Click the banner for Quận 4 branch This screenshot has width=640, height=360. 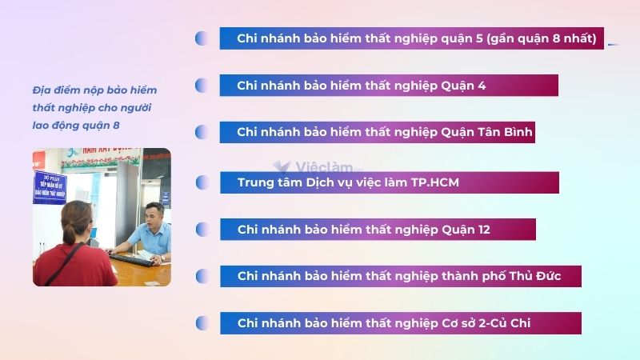point(389,86)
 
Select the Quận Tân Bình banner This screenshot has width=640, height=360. point(377,133)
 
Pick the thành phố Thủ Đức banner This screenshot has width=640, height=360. point(400,276)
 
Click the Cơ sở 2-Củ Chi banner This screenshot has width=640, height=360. point(400,323)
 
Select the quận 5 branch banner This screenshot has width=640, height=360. point(411,38)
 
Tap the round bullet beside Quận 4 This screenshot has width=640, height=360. point(202,86)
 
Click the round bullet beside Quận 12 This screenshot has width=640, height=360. point(202,230)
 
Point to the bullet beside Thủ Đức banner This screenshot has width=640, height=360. point(202,277)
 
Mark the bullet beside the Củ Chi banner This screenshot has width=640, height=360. point(202,323)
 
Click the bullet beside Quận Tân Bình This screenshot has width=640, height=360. point(202,133)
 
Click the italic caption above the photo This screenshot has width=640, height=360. point(94,107)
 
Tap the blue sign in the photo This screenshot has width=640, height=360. point(49,186)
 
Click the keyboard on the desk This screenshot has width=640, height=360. point(132,260)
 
